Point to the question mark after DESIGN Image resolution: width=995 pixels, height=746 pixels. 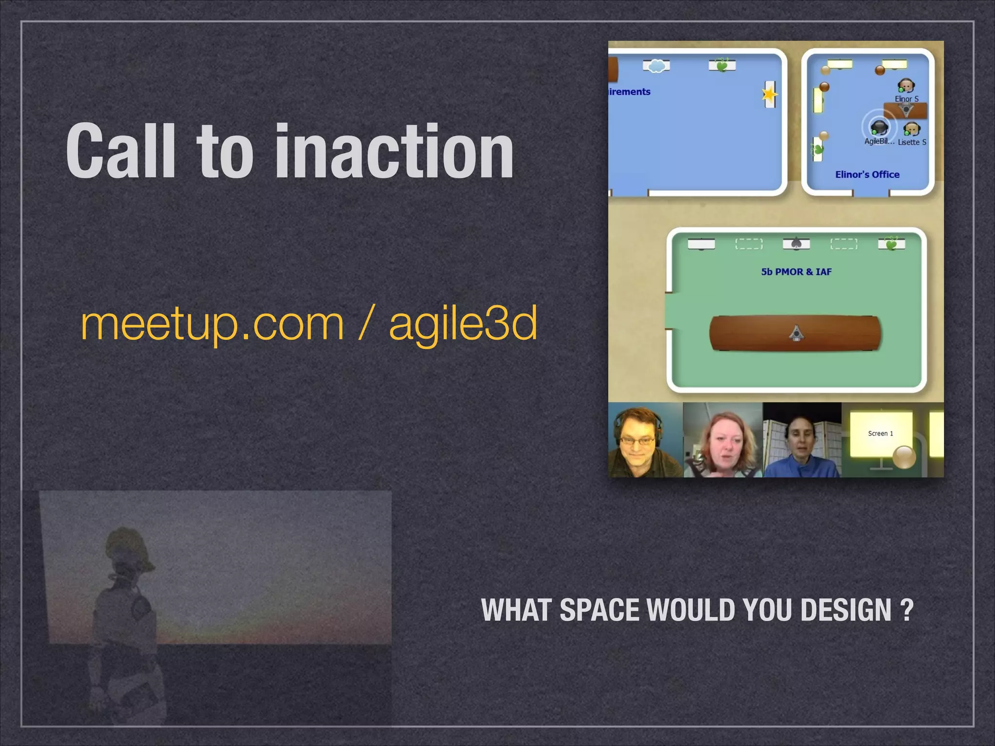tap(907, 610)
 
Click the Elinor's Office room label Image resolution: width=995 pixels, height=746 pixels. tap(867, 174)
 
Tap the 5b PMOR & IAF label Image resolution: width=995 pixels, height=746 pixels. tap(796, 272)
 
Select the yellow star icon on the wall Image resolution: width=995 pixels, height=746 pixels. tap(769, 94)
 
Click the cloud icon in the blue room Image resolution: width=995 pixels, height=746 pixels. tap(656, 66)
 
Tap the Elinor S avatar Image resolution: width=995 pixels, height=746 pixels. tap(906, 86)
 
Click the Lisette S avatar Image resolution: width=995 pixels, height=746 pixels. tap(912, 130)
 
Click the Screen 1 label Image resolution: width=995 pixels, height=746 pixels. tap(880, 433)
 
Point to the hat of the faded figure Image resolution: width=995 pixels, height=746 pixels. tap(128, 546)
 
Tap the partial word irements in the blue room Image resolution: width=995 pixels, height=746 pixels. tap(630, 92)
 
